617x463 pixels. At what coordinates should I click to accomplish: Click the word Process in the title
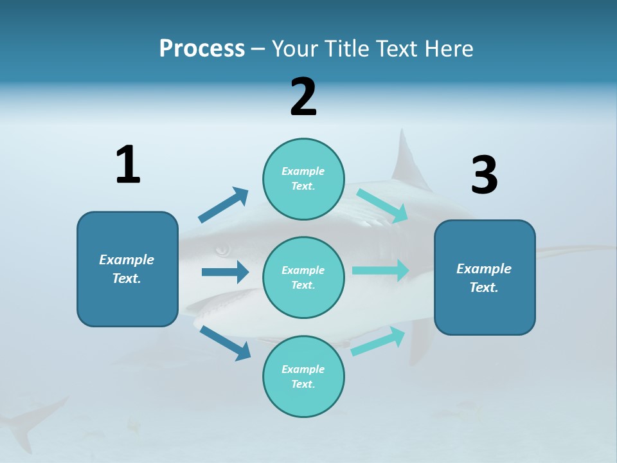[202, 48]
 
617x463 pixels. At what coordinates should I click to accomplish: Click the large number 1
[128, 165]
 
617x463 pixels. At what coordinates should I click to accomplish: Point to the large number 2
[303, 97]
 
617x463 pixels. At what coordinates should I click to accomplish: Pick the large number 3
[484, 176]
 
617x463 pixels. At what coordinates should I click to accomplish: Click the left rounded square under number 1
[127, 269]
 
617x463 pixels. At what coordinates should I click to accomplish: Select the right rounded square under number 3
[485, 277]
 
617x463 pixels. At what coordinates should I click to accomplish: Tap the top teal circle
[303, 179]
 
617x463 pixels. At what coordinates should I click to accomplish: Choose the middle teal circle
[303, 277]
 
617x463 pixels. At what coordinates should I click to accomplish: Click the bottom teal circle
[303, 376]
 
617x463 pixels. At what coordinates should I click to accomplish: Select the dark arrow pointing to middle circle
[225, 272]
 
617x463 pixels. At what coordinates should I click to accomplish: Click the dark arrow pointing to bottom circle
[226, 343]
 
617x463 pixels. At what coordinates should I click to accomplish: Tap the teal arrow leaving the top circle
[382, 205]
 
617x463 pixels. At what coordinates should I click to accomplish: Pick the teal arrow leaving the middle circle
[380, 270]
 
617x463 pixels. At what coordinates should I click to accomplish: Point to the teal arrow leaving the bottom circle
[378, 341]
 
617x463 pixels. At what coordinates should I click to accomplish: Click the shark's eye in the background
[222, 250]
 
